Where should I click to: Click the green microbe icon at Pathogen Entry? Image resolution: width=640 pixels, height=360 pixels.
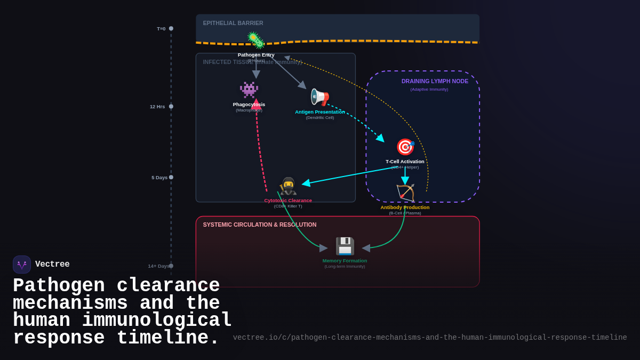[256, 41]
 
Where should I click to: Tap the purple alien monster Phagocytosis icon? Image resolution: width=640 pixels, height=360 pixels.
[249, 90]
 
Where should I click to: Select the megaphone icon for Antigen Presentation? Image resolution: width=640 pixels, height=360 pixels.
[319, 97]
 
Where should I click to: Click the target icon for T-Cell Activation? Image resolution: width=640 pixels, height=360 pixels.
[405, 147]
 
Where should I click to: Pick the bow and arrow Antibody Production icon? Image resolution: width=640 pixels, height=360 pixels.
[405, 193]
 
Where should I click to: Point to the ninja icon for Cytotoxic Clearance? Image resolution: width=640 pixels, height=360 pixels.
[288, 186]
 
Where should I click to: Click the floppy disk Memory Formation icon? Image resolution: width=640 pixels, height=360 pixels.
[345, 246]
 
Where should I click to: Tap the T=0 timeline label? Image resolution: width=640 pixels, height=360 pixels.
[161, 29]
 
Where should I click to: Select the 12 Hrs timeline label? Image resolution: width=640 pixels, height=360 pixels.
[157, 107]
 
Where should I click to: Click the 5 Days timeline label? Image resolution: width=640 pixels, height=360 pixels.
[159, 178]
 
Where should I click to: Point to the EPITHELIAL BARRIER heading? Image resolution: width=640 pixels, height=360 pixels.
[233, 23]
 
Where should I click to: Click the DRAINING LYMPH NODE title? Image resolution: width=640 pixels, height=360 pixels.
[435, 81]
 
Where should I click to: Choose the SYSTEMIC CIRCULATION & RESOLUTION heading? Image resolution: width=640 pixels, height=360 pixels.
[259, 225]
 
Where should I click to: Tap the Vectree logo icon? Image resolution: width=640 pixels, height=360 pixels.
[22, 265]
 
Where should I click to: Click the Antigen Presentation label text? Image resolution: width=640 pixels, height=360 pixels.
[319, 112]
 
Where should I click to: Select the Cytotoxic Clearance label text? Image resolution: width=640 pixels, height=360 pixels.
[288, 201]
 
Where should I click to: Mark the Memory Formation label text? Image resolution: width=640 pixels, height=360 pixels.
[345, 261]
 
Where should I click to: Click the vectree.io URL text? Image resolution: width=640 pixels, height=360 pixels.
[430, 338]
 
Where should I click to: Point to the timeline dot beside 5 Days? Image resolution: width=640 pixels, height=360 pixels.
[171, 177]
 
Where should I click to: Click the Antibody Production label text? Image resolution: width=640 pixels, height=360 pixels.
[405, 207]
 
